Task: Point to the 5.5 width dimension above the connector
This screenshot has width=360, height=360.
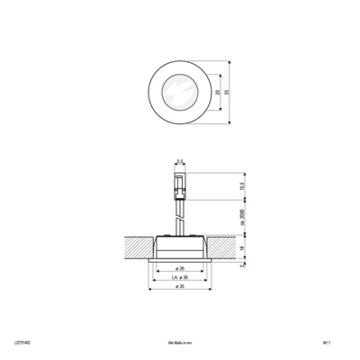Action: click(179, 161)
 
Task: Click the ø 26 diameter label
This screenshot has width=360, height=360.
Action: click(179, 268)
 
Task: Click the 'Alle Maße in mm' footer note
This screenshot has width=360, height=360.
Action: click(179, 342)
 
